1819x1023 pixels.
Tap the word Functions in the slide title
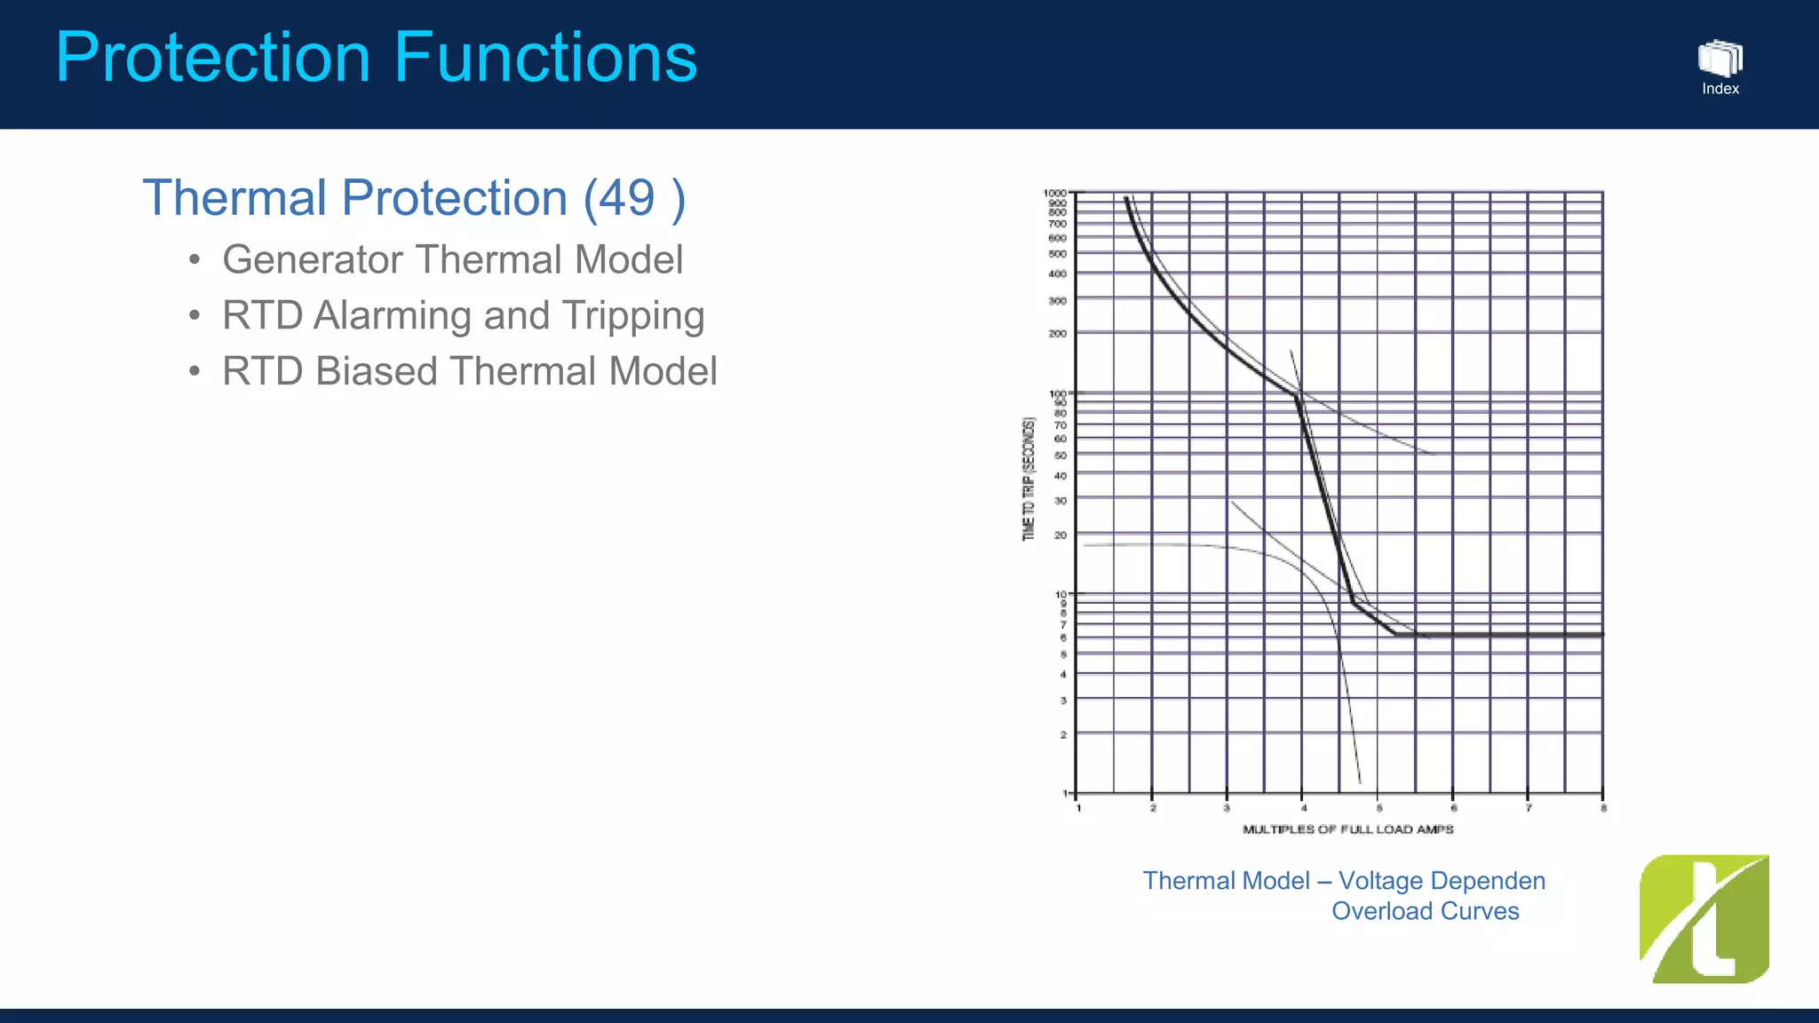544,58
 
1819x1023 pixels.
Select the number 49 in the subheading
626,197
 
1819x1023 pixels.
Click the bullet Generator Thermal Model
452,260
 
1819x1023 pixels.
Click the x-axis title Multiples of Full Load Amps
1347,829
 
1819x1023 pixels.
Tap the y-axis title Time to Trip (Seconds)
1029,479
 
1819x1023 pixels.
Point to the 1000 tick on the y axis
1054,193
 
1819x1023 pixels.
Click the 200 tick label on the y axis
1057,334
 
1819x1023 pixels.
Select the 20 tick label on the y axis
1060,535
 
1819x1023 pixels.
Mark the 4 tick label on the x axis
1303,808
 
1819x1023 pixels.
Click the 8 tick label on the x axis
1603,808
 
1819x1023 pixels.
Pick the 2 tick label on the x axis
1153,808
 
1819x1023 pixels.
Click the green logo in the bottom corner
1704,919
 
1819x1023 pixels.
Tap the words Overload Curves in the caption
1425,911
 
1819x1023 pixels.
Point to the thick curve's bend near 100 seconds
1297,396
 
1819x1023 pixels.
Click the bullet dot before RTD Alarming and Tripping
195,316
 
